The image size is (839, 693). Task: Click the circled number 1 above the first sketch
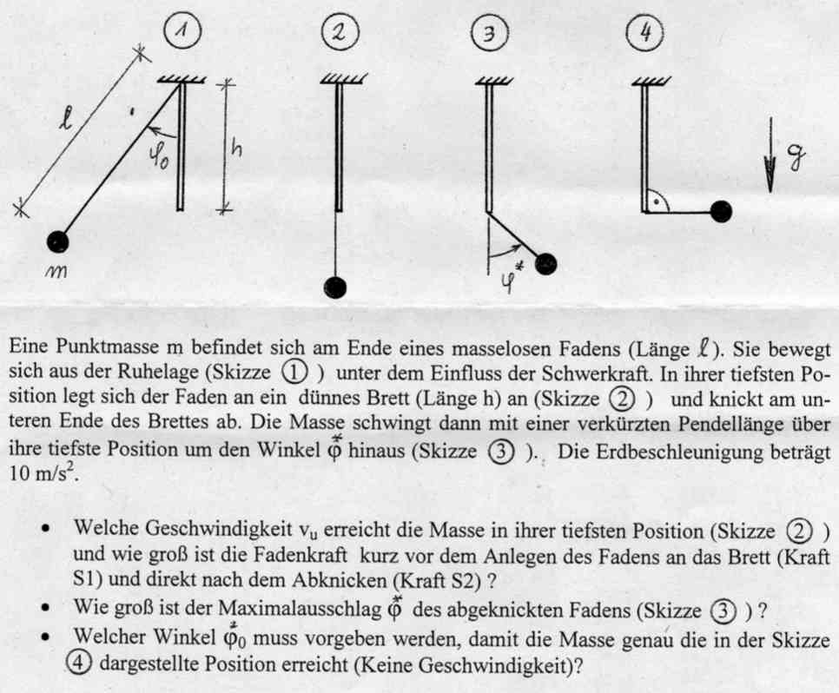(183, 31)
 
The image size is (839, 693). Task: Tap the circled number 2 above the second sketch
(340, 33)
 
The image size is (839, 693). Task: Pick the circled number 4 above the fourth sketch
(644, 32)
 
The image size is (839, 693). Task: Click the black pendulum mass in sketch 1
(57, 242)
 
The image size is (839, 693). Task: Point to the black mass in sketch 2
(335, 287)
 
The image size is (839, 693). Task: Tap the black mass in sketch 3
(545, 263)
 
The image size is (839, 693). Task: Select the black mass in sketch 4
(720, 211)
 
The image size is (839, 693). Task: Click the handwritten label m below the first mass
(56, 271)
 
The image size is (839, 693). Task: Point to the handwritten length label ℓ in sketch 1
(65, 119)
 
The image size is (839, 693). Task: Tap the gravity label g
(796, 157)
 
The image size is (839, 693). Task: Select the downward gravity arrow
(770, 155)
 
